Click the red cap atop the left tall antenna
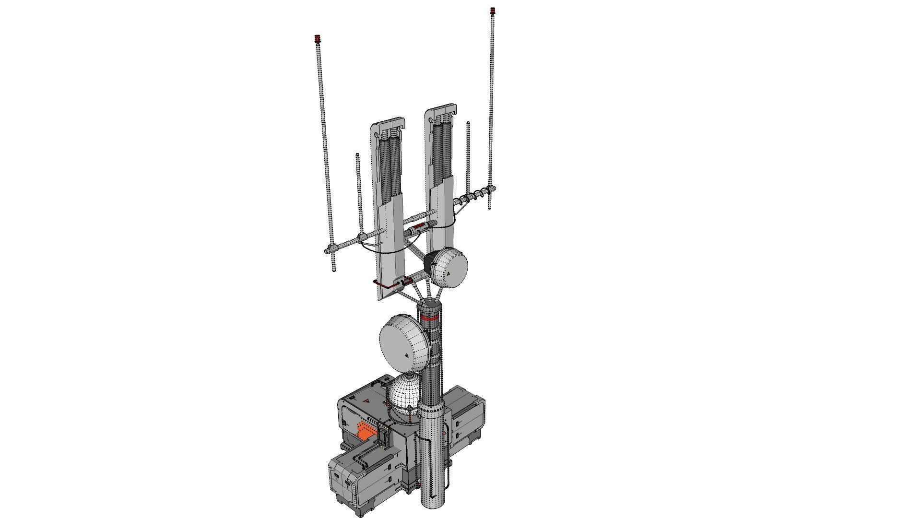(x=317, y=38)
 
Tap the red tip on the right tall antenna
(x=492, y=10)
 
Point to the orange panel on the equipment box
(x=365, y=433)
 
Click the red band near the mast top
(x=428, y=317)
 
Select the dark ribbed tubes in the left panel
(x=389, y=168)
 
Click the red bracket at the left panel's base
(x=384, y=285)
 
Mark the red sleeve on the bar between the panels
(x=419, y=225)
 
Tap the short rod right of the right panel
(x=468, y=153)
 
